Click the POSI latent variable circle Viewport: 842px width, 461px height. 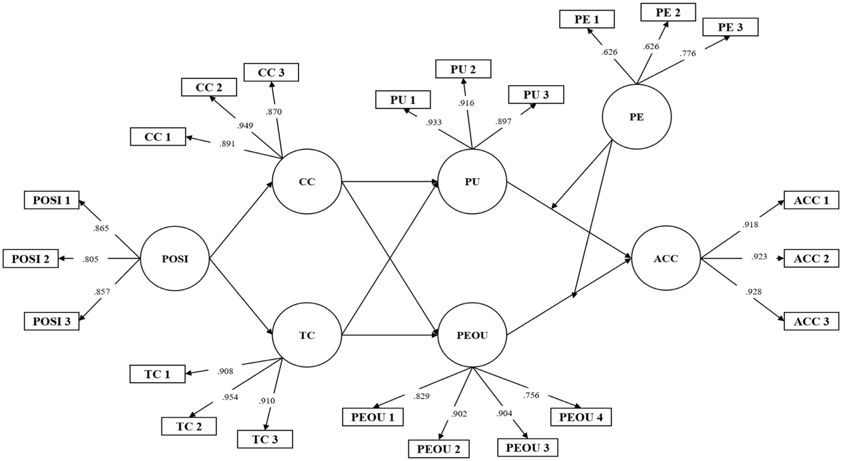click(175, 259)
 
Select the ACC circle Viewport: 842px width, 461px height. click(666, 258)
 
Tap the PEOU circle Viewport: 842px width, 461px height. click(472, 335)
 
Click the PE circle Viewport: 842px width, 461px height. click(636, 117)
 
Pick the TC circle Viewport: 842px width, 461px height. click(307, 335)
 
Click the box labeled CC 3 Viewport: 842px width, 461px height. click(271, 72)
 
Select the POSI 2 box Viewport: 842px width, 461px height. click(31, 259)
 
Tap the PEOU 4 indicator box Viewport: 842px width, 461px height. click(581, 417)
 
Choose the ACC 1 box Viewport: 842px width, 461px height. click(811, 200)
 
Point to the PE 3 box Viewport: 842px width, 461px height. click(730, 27)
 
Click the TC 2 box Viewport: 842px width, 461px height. click(189, 426)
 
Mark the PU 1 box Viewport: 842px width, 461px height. click(403, 100)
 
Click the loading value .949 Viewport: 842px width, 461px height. click(245, 126)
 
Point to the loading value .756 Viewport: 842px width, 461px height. click(531, 395)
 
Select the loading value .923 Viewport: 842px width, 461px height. click(759, 256)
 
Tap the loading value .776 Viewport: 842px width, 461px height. click(687, 53)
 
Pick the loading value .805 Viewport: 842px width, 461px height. click(91, 259)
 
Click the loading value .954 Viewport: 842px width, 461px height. click(230, 397)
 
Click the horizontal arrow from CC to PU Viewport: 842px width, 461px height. click(389, 181)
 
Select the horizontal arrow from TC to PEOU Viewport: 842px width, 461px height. click(389, 335)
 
